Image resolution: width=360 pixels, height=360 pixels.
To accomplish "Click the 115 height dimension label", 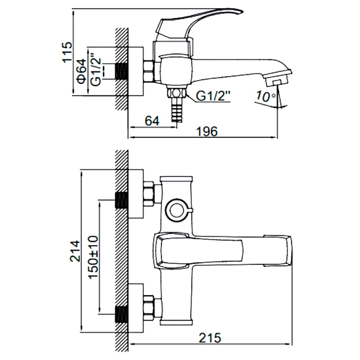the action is (67, 52).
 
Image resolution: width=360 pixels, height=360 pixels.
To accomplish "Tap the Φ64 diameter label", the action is (82, 72).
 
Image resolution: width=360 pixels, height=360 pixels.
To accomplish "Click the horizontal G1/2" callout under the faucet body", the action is (213, 96).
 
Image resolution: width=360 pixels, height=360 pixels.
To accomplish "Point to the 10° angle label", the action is (265, 96).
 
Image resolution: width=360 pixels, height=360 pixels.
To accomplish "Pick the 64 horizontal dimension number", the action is (152, 121).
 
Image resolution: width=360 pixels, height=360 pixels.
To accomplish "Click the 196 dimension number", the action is (207, 131).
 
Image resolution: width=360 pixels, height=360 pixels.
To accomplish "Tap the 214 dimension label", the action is (75, 251).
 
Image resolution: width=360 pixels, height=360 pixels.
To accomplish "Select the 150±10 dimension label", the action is (93, 257).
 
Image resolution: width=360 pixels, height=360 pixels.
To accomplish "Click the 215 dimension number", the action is (210, 338).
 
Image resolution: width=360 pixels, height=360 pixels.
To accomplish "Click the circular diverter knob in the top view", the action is (177, 209).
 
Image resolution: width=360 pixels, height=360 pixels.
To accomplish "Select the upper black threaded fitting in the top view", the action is (121, 200).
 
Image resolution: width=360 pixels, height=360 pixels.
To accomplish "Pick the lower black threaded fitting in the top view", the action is (121, 315).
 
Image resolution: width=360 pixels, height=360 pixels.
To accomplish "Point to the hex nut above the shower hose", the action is (176, 93).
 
